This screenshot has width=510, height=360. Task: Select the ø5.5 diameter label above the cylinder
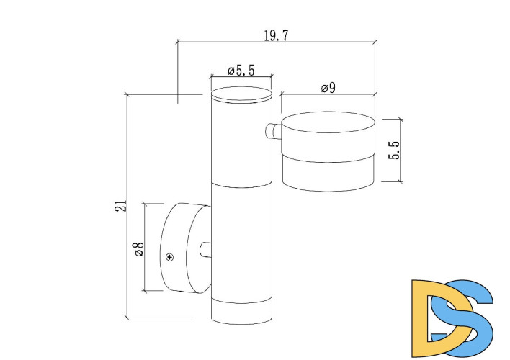point(241,70)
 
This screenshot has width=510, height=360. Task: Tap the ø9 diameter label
point(328,88)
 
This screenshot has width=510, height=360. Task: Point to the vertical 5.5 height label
point(393,150)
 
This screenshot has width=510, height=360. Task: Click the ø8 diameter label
point(138,249)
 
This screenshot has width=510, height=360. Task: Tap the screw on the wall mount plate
point(171,256)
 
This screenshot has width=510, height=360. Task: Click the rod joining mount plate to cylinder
point(206,251)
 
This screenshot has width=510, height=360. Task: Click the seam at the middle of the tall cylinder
point(241,186)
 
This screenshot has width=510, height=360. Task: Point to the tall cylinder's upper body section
point(241,144)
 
